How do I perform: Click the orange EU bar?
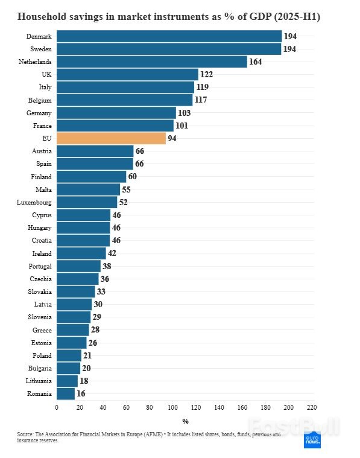pyautogui.click(x=111, y=139)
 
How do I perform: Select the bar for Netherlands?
pyautogui.click(x=151, y=62)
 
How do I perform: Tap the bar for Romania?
pyautogui.click(x=66, y=394)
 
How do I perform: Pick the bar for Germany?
pyautogui.click(x=116, y=113)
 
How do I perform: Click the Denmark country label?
pyautogui.click(x=39, y=36)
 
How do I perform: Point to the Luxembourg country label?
pyautogui.click(x=34, y=203)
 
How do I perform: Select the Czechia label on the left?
pyautogui.click(x=41, y=279)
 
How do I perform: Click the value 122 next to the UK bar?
pyautogui.click(x=207, y=74)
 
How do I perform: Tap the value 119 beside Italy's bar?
pyautogui.click(x=203, y=87)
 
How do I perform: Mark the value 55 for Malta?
pyautogui.click(x=127, y=190)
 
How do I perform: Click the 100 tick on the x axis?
pyautogui.click(x=172, y=407)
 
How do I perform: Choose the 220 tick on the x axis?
pyautogui.click(x=311, y=407)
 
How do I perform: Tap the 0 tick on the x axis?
pyautogui.click(x=57, y=407)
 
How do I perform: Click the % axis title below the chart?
pyautogui.click(x=185, y=421)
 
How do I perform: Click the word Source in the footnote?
pyautogui.click(x=26, y=434)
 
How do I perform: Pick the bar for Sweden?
pyautogui.click(x=169, y=49)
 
